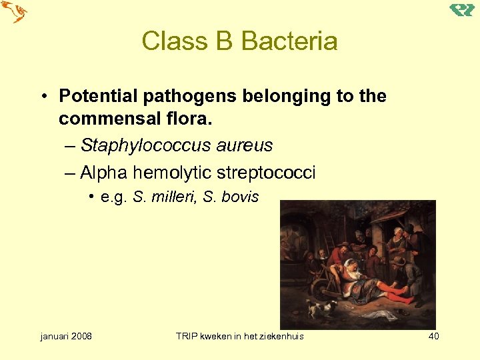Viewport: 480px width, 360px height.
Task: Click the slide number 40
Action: pos(433,336)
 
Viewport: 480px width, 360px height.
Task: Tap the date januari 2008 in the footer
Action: pos(66,336)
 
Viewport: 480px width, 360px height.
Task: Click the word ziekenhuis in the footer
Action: pos(280,336)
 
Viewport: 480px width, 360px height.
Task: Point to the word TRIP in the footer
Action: pos(186,336)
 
